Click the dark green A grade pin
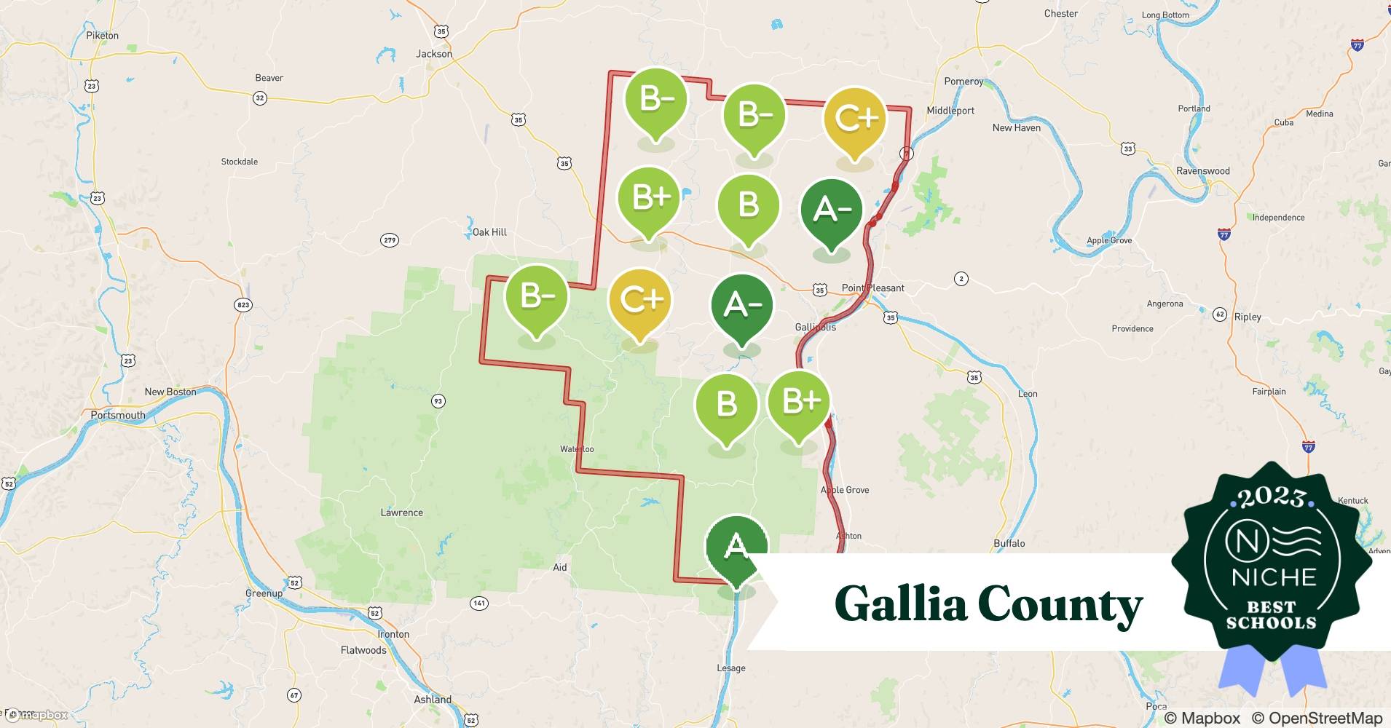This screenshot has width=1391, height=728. [x=736, y=547]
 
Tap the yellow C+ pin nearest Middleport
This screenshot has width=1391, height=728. [x=854, y=119]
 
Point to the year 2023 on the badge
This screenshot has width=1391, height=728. [x=1271, y=498]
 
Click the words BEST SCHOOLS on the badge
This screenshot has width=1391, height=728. [x=1271, y=615]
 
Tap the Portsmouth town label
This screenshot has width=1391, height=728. [x=118, y=415]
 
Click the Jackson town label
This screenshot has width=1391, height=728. [x=434, y=54]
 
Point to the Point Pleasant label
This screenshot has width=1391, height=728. [x=872, y=288]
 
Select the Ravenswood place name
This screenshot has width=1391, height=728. [x=1202, y=171]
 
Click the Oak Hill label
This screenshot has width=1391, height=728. [x=489, y=232]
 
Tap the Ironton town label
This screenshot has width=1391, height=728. [x=393, y=634]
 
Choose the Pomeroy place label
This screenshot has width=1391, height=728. [x=964, y=82]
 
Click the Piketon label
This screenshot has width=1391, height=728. [x=102, y=35]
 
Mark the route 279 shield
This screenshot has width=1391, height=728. [x=389, y=240]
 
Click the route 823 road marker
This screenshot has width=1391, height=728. [x=243, y=305]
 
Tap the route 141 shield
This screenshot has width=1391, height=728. [x=478, y=603]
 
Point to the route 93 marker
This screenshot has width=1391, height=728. [x=438, y=401]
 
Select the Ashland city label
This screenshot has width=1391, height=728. [x=433, y=700]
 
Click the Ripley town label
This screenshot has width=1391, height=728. [x=1248, y=317]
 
